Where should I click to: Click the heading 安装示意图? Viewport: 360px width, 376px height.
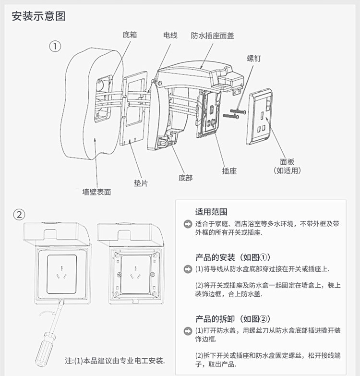click(x=39, y=16)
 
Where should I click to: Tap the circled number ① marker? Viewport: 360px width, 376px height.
click(x=56, y=46)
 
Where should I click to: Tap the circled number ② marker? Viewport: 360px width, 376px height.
click(x=18, y=215)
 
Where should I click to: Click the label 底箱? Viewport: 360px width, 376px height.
click(x=130, y=35)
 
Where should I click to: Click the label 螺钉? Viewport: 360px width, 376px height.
click(x=254, y=58)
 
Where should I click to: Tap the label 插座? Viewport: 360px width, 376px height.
click(x=229, y=170)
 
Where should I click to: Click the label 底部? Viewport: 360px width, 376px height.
click(x=185, y=177)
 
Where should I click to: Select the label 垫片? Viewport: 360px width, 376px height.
click(x=141, y=182)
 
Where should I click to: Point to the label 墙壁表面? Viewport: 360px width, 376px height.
click(x=96, y=192)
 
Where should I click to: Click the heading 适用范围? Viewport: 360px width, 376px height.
click(x=211, y=212)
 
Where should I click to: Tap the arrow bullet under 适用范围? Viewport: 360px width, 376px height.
click(x=188, y=224)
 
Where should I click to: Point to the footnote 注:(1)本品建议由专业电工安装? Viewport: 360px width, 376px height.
click(x=115, y=360)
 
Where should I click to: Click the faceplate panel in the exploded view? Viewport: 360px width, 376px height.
click(x=261, y=115)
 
